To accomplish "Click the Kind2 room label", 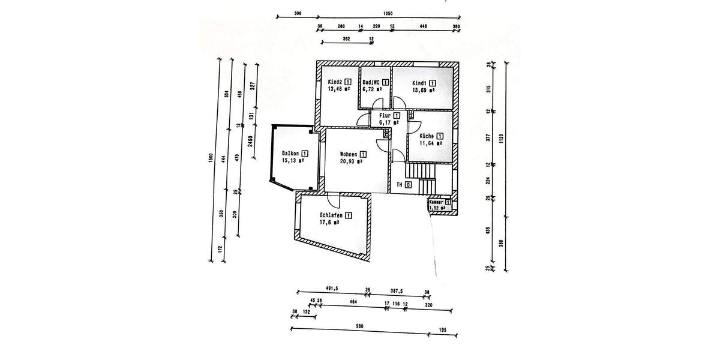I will point(335,82).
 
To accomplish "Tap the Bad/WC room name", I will point(371,82).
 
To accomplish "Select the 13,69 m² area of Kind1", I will point(422,90).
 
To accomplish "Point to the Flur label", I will point(385,115).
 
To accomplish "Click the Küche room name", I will point(427,136).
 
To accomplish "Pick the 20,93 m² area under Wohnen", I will point(351,161).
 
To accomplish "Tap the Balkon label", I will point(291,154).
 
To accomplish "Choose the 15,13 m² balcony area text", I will point(293,161).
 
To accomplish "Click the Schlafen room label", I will point(331,215).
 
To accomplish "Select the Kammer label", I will point(436,203).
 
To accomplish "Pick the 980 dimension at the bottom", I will point(359,326).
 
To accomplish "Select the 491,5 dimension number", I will point(332,289).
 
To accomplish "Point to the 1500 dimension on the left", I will point(211,158).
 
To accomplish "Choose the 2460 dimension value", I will point(250,142).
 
